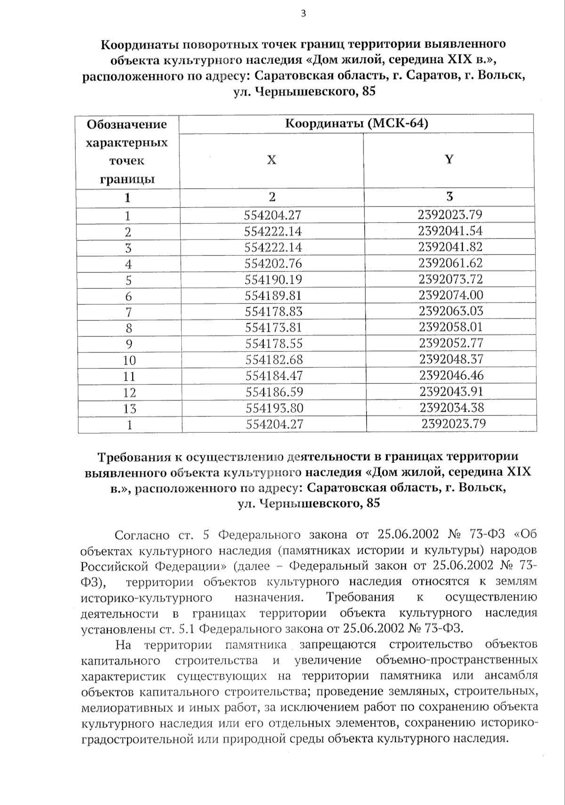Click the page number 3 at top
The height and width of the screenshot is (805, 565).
pos(303,14)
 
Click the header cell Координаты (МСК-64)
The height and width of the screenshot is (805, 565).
pos(356,124)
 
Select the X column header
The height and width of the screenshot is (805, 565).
pos(272,160)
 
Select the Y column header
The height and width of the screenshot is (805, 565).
pos(449,159)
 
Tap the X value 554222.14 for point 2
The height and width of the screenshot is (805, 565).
pos(273,231)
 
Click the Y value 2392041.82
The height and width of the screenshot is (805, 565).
pos(451,247)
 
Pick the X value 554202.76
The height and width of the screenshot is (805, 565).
pos(274,263)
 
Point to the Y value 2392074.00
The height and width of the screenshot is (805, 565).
pos(451,295)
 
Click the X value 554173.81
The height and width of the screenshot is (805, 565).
pos(274,327)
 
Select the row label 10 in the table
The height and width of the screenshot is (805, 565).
pos(129,360)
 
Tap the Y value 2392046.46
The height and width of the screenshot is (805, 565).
pos(452,375)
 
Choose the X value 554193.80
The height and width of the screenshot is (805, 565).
pos(274,408)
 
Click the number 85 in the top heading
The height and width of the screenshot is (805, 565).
pos(369,92)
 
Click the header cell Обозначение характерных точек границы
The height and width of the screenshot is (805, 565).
pos(127,151)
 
